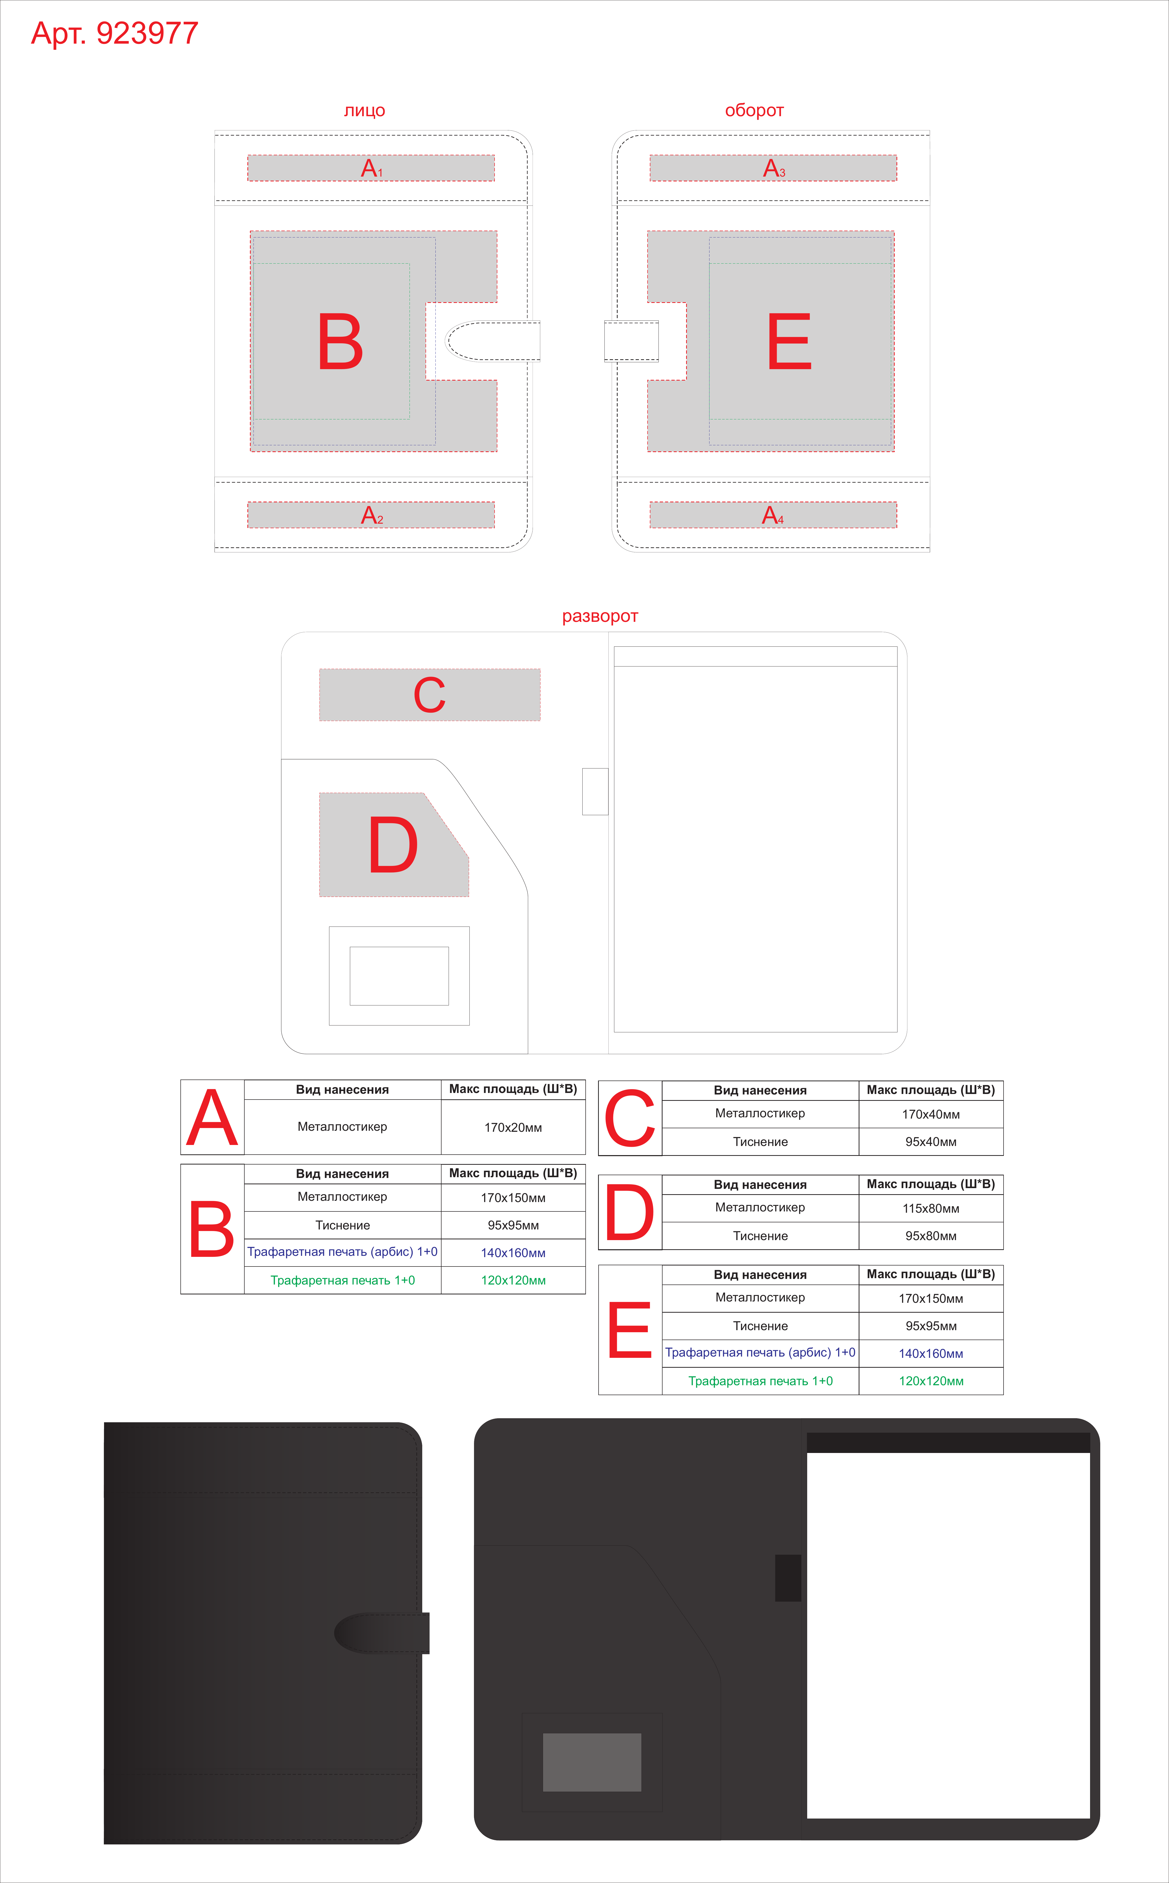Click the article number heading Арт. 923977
tap(114, 33)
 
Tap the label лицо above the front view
tap(364, 111)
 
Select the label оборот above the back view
tap(754, 111)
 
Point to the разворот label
tap(600, 616)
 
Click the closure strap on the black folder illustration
tap(382, 1633)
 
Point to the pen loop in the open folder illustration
tap(788, 1578)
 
